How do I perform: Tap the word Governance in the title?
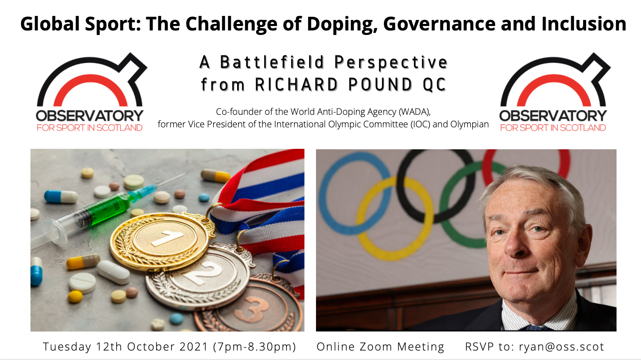click(439, 23)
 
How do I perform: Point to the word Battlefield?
click(272, 62)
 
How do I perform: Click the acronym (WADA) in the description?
click(415, 112)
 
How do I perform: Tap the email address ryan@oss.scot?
click(561, 347)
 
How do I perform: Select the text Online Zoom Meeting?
click(380, 347)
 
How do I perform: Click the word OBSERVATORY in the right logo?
click(553, 116)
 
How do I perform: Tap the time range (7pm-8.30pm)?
click(255, 347)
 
